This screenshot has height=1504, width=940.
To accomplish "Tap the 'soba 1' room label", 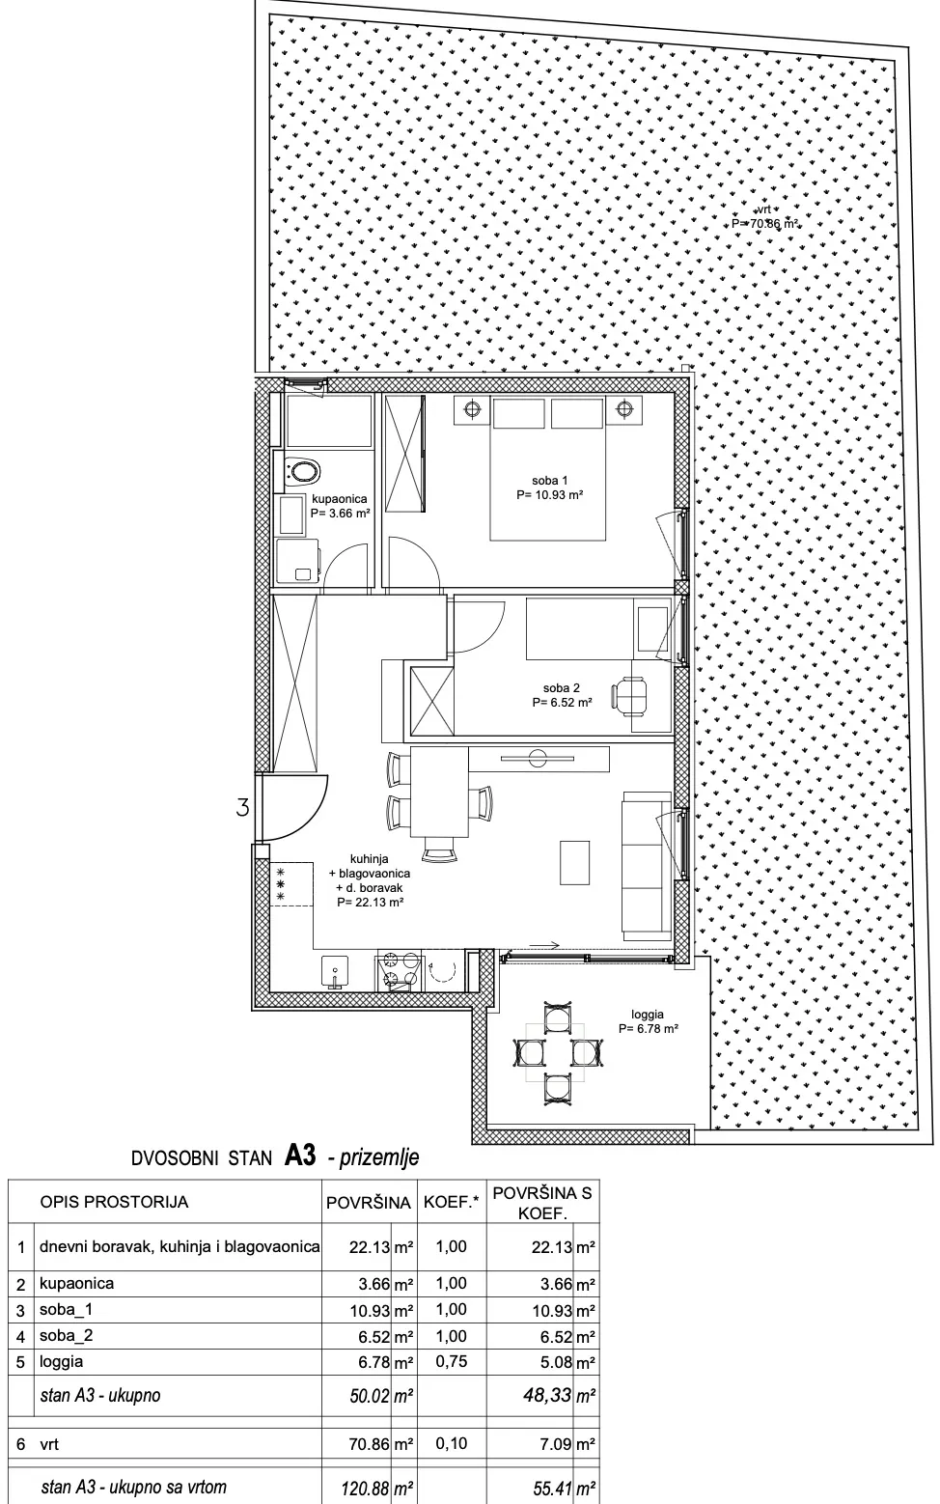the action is click(549, 480).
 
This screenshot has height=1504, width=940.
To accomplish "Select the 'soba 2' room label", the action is click(562, 687).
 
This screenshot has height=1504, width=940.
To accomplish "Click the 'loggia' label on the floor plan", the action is click(648, 1015).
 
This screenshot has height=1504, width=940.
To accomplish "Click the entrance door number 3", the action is click(242, 806).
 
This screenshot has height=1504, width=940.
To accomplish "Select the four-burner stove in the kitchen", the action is click(399, 971).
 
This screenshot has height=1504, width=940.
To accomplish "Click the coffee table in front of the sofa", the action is click(575, 862).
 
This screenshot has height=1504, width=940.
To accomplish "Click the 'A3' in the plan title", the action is click(300, 1156).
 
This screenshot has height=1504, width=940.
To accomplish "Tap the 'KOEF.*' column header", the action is click(451, 1203).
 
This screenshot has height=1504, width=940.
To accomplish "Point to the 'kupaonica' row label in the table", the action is click(76, 1284).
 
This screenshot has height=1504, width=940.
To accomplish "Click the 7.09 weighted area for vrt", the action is click(557, 1443).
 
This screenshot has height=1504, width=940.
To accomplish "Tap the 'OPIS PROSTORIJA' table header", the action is click(114, 1202).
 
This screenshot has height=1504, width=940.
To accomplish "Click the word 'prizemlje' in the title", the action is click(379, 1157).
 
